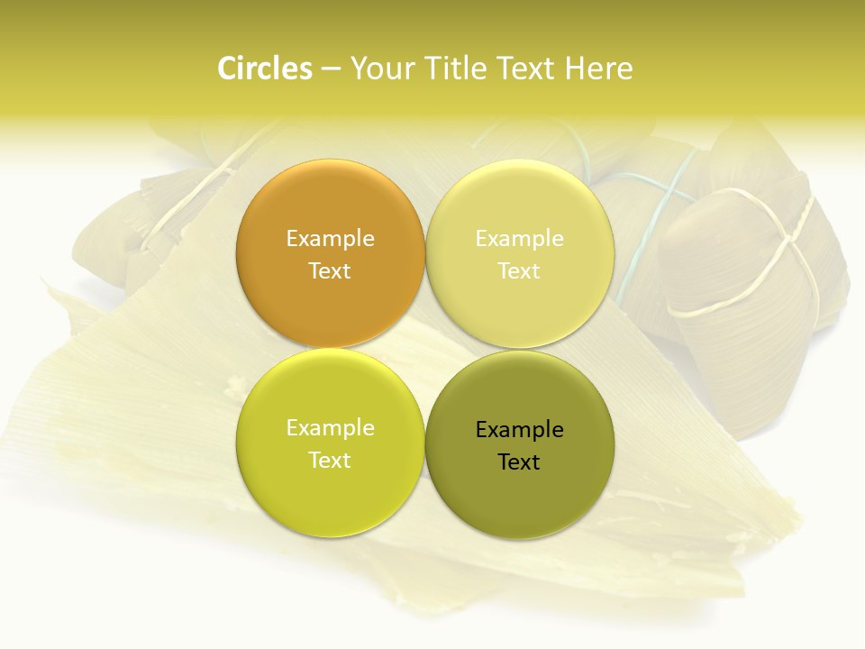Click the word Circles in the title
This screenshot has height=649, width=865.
point(264,69)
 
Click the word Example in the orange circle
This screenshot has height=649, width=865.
point(330,239)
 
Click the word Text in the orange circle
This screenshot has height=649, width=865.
point(330,270)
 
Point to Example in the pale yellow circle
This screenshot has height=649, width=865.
point(519,239)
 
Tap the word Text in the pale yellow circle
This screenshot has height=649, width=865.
point(519,270)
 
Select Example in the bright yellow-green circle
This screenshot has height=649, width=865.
point(330,428)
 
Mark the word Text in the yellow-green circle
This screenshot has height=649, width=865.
point(330,460)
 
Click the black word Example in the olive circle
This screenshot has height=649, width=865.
point(519,430)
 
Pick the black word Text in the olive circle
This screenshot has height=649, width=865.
point(519,462)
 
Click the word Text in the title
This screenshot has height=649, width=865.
point(527,69)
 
